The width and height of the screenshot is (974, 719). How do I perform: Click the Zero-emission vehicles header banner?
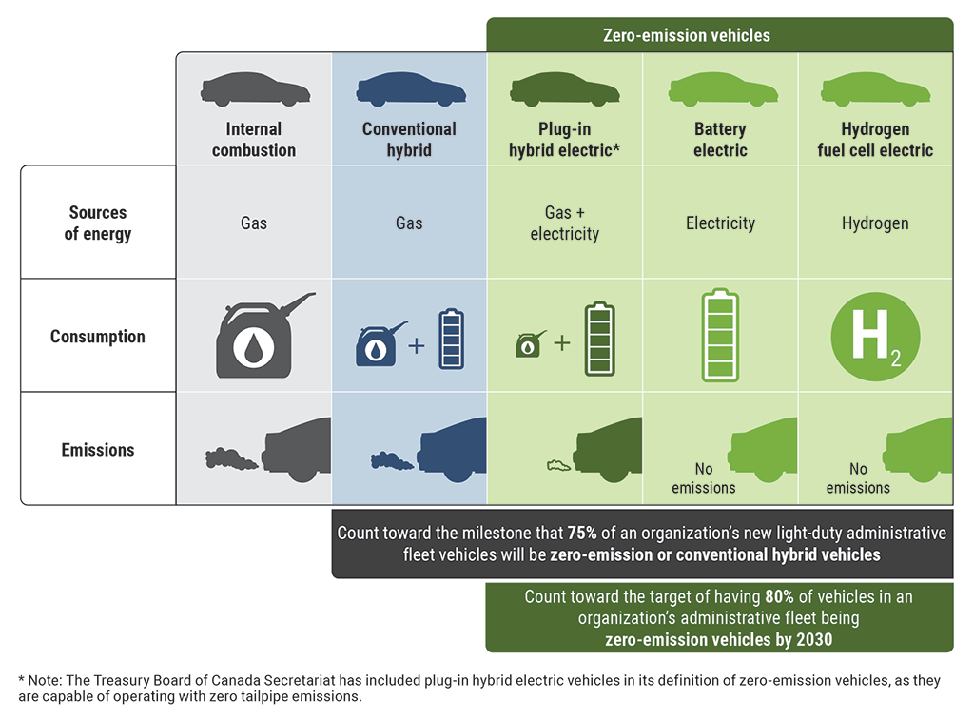[x=719, y=35]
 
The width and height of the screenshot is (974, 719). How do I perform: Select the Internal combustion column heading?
[x=254, y=139]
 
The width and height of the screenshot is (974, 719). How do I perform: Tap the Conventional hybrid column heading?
[x=409, y=139]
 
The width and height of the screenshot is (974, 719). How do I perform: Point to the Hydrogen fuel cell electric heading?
[x=875, y=139]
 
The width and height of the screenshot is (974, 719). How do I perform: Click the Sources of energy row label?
[x=97, y=223]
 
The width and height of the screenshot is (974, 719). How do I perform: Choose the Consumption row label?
[x=97, y=337]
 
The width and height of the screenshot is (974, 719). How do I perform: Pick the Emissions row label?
[x=97, y=450]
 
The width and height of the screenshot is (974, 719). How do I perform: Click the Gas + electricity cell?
[x=564, y=223]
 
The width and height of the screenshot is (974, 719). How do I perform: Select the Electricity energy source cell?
[x=720, y=223]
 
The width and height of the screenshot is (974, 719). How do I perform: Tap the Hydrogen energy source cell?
[x=875, y=223]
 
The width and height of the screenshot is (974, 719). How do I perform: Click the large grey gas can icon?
[x=254, y=336]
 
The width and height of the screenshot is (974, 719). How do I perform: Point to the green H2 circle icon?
[x=875, y=337]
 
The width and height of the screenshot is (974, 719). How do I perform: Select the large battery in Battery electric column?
[x=720, y=336]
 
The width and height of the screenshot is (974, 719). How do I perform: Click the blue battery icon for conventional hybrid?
[x=451, y=339]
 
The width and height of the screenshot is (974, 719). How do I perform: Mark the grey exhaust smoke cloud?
[x=231, y=459]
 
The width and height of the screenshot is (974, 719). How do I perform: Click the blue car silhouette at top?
[x=410, y=90]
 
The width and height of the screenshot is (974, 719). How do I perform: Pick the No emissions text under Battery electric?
[x=704, y=478]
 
